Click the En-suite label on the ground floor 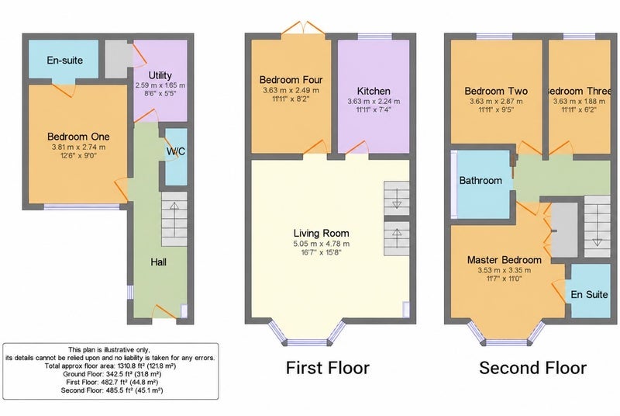pos(65,61)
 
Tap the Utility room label pos(160,75)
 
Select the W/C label pos(176,151)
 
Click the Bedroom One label pos(78,137)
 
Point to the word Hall pos(159,262)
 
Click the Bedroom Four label pos(291,80)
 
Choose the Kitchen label pos(374,91)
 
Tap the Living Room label pos(322,233)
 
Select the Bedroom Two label pos(496,91)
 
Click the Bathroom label pos(480,181)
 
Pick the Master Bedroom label pos(505,260)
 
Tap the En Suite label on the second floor pos(589,294)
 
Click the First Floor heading pos(327,368)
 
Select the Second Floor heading pos(532,368)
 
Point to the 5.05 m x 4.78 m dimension pos(322,244)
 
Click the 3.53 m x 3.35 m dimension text pos(505,270)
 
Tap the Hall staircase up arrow pos(174,213)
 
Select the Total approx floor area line pos(110,366)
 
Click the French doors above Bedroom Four pos(304,29)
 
